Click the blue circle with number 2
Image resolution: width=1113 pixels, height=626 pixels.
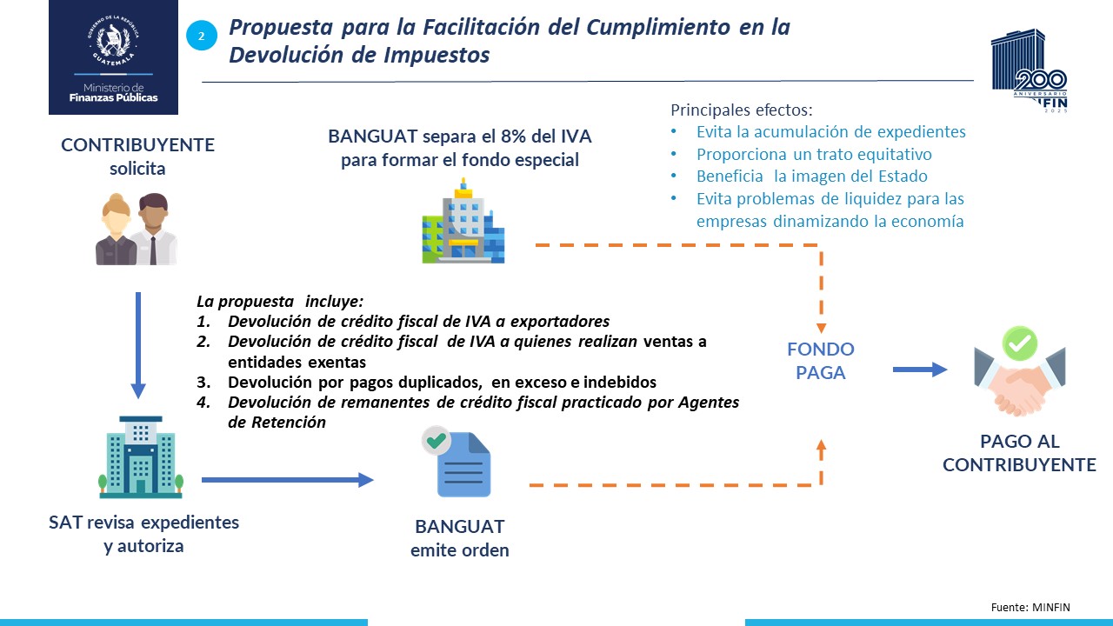(x=202, y=36)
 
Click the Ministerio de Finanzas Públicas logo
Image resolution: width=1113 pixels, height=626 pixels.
(x=113, y=57)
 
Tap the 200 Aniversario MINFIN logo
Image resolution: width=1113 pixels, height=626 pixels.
(x=1029, y=70)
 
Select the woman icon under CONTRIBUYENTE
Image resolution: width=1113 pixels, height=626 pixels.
(x=117, y=229)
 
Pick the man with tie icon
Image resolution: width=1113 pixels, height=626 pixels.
(x=156, y=229)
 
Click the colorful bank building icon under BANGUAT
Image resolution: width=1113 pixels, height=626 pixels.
(x=463, y=221)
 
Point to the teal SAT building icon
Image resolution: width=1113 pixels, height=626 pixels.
(x=141, y=457)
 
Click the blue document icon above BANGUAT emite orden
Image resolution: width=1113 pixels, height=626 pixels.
(x=457, y=462)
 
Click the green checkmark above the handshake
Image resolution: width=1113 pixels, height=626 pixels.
(x=1020, y=343)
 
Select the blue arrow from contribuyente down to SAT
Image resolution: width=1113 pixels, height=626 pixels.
(x=138, y=345)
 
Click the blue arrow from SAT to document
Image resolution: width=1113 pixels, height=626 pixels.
(x=288, y=480)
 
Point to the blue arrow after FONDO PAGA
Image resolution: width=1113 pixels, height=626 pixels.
(x=920, y=370)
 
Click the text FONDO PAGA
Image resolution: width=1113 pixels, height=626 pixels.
(x=821, y=361)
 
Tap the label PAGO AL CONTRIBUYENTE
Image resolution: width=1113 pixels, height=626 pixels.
(x=1020, y=453)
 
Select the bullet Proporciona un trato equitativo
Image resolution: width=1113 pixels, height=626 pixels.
(x=814, y=154)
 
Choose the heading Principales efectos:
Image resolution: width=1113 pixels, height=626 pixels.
(x=742, y=110)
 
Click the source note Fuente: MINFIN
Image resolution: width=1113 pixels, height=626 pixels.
(x=1030, y=607)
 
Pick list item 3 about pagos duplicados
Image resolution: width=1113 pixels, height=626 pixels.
(x=426, y=382)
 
